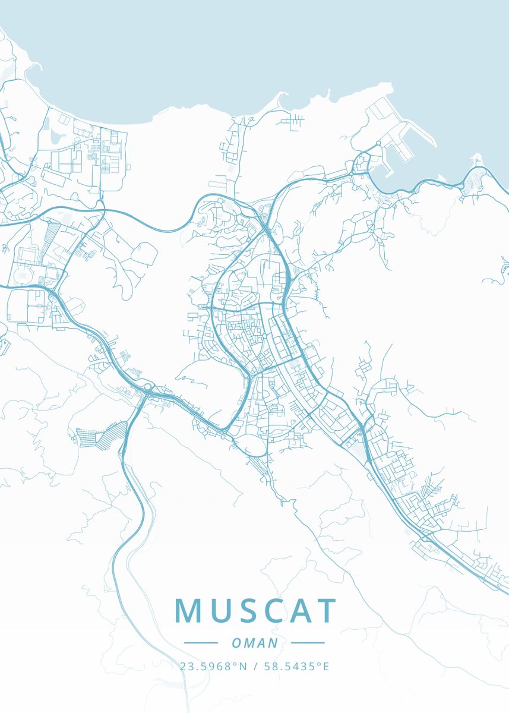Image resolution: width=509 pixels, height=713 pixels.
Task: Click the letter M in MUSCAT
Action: [x=188, y=611]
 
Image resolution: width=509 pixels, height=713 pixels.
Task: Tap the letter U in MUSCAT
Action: [x=222, y=611]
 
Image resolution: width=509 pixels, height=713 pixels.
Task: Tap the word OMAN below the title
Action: [x=254, y=643]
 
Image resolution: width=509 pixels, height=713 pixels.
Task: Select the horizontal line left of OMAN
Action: [x=201, y=643]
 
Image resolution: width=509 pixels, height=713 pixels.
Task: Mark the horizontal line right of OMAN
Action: [x=308, y=643]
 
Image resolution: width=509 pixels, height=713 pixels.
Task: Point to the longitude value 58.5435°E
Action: [x=296, y=667]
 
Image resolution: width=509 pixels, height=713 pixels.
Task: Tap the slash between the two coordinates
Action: [x=254, y=667]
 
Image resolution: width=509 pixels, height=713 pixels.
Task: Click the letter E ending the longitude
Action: [x=325, y=667]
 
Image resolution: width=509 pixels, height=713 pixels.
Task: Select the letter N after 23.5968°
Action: [x=243, y=667]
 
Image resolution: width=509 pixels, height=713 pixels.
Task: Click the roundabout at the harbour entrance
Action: [x=379, y=144]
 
